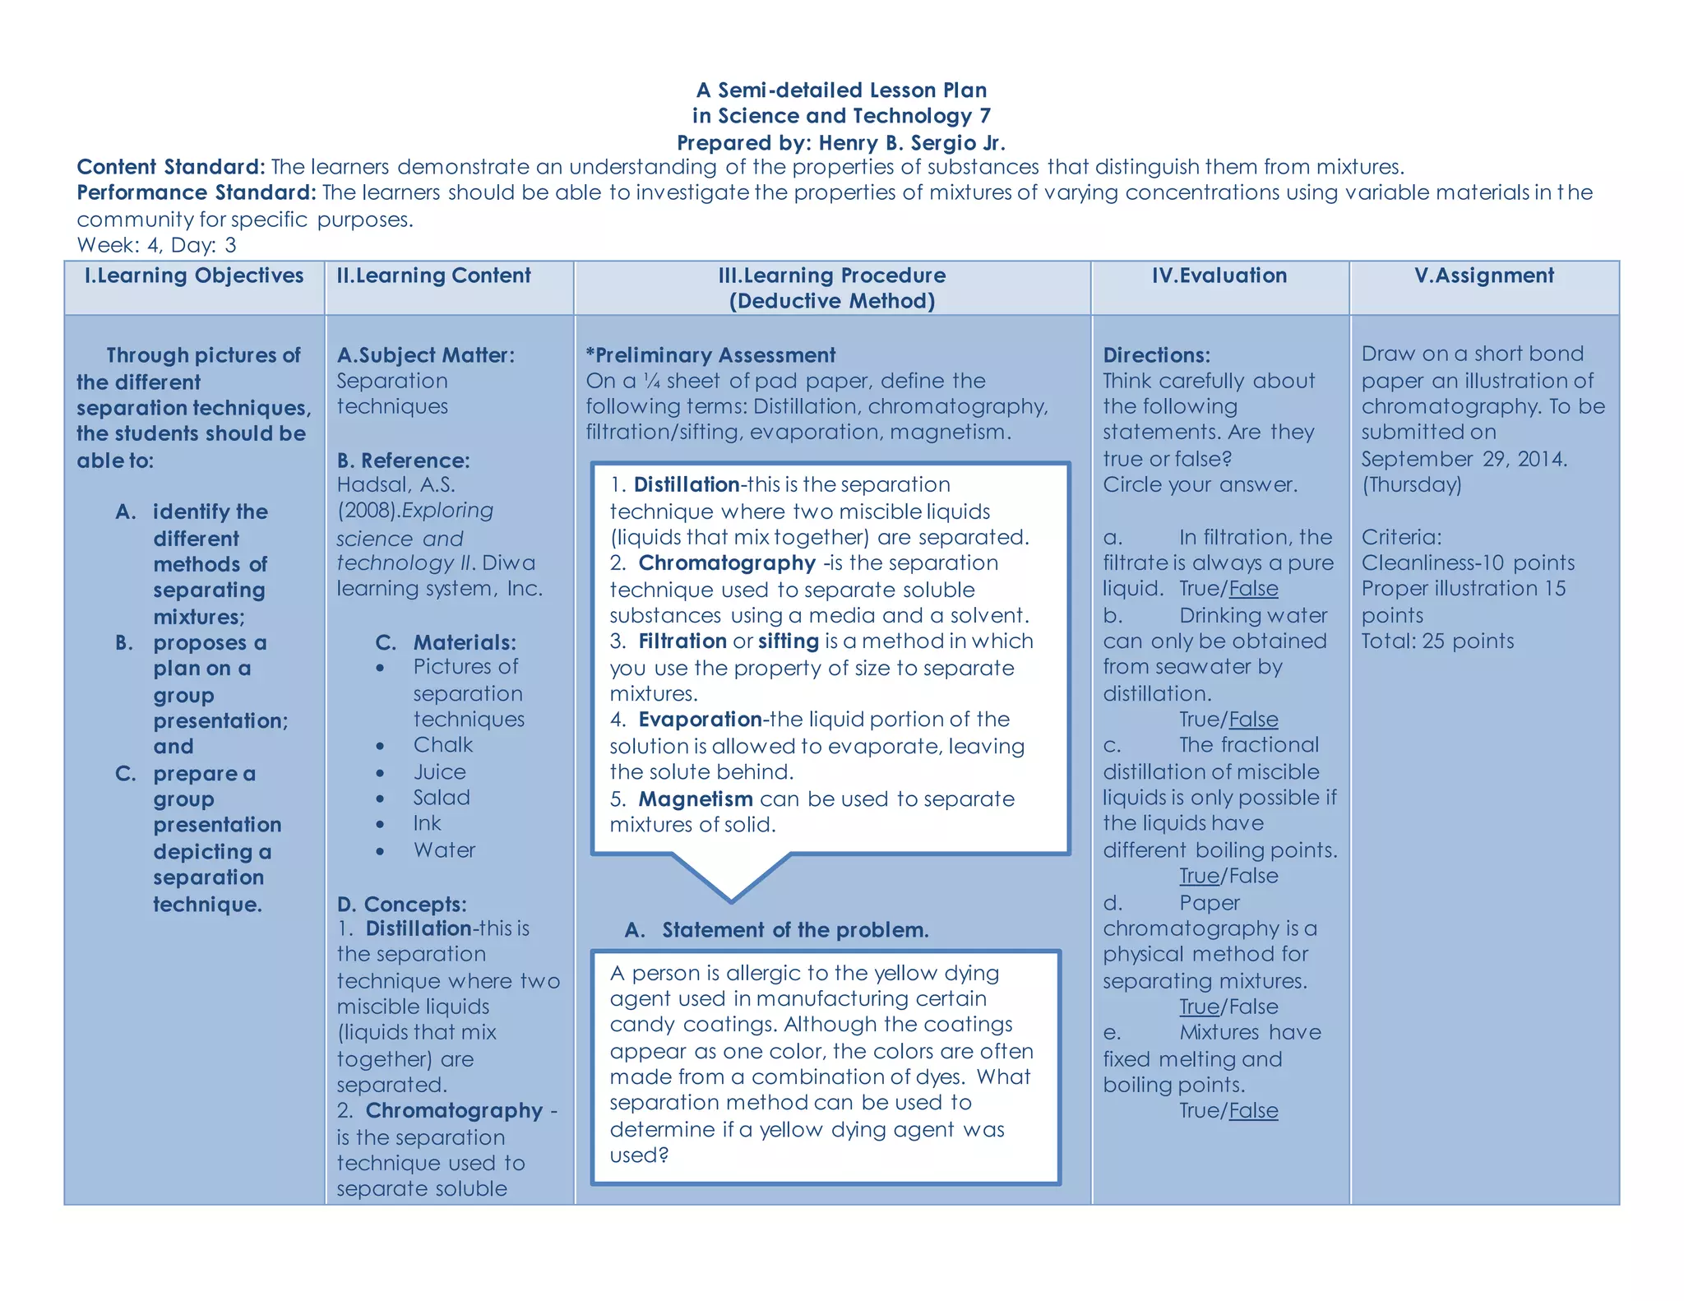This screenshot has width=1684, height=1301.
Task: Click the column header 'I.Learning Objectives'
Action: pyautogui.click(x=194, y=275)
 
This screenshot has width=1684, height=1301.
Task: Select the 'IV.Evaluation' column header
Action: pyautogui.click(x=1219, y=275)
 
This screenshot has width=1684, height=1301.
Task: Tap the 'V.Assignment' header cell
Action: pyautogui.click(x=1484, y=275)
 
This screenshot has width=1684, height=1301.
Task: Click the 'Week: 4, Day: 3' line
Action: pyautogui.click(x=156, y=245)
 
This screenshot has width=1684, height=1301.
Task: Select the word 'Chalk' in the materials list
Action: pyautogui.click(x=442, y=745)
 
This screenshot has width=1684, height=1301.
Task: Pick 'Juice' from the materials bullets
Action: pyautogui.click(x=439, y=772)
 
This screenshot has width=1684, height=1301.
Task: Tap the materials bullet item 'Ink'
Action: pyautogui.click(x=427, y=823)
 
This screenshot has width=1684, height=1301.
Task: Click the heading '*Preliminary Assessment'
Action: pyautogui.click(x=710, y=355)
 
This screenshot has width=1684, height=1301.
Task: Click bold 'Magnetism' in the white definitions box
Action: pyautogui.click(x=696, y=799)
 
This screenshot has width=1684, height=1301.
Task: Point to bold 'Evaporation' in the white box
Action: pyautogui.click(x=700, y=720)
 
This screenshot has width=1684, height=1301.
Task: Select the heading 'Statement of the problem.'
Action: pyautogui.click(x=795, y=930)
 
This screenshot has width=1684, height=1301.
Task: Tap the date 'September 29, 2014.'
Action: pyautogui.click(x=1464, y=459)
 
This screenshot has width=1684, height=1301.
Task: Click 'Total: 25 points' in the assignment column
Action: pyautogui.click(x=1437, y=641)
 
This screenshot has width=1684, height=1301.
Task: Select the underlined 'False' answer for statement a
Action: pyautogui.click(x=1253, y=589)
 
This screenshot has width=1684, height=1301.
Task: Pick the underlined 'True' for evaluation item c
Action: pyautogui.click(x=1199, y=876)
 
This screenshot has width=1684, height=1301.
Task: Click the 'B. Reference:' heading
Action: pyautogui.click(x=403, y=461)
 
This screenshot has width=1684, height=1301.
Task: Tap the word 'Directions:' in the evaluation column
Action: pyautogui.click(x=1156, y=355)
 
